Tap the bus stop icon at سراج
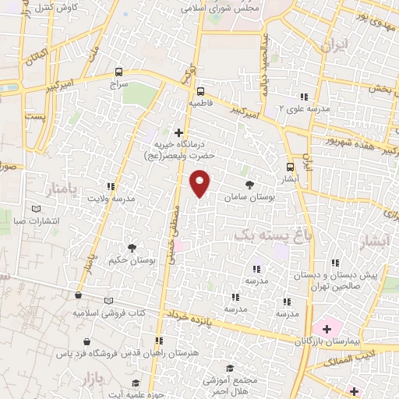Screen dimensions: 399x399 coord(118,69)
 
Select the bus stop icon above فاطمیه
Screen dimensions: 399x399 coord(200,90)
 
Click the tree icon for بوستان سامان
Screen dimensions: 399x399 coord(249,185)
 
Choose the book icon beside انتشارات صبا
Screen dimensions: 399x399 coord(36,209)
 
